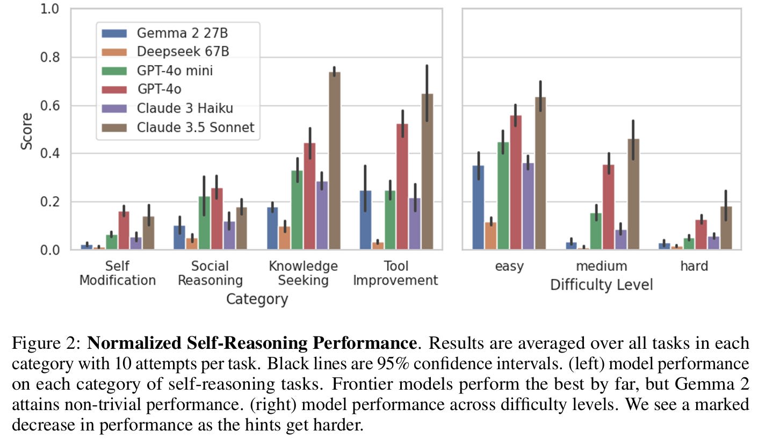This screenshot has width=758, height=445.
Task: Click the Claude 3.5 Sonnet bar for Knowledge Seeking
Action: (x=334, y=161)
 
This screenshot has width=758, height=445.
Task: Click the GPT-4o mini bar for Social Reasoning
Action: (x=204, y=223)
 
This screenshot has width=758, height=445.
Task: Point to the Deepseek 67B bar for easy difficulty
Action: (x=490, y=236)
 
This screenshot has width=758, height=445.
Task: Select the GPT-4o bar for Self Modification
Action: (x=124, y=231)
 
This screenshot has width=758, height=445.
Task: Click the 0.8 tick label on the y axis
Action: (x=49, y=58)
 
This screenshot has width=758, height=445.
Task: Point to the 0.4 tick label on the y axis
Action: (x=49, y=154)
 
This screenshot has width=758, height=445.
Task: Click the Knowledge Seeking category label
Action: (x=304, y=273)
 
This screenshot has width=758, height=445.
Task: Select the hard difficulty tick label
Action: (x=694, y=266)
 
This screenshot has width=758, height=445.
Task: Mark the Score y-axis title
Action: (x=26, y=131)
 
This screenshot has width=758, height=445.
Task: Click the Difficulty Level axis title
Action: (x=601, y=285)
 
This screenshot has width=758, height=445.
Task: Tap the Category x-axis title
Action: (x=257, y=299)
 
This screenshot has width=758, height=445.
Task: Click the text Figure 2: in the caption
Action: (x=47, y=343)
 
